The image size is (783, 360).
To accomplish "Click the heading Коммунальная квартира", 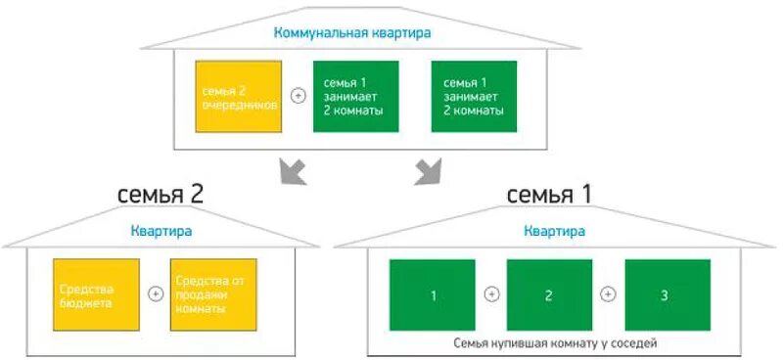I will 352,33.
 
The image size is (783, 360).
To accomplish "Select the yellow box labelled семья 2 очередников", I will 239,96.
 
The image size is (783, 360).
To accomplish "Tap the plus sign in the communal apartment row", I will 298,96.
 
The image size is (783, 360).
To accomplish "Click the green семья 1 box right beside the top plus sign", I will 355,96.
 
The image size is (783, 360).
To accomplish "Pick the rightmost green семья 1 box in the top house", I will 474,96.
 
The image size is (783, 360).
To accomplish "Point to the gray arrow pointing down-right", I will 427,170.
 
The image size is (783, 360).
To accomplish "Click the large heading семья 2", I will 161,194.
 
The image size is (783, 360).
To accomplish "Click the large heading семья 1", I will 549,194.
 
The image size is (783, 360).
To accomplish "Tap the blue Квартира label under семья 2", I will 161,232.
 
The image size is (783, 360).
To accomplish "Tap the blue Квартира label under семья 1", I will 554,232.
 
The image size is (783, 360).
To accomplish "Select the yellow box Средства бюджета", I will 96,294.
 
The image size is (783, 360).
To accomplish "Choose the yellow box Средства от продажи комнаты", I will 211,294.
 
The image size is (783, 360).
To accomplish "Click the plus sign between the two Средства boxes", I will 154,293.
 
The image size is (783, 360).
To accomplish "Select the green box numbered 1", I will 432,294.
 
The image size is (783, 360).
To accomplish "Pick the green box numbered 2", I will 549,294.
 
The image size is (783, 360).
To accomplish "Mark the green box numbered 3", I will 667,294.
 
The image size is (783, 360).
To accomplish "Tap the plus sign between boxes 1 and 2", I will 490,293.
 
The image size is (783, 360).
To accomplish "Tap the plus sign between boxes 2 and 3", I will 608,293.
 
